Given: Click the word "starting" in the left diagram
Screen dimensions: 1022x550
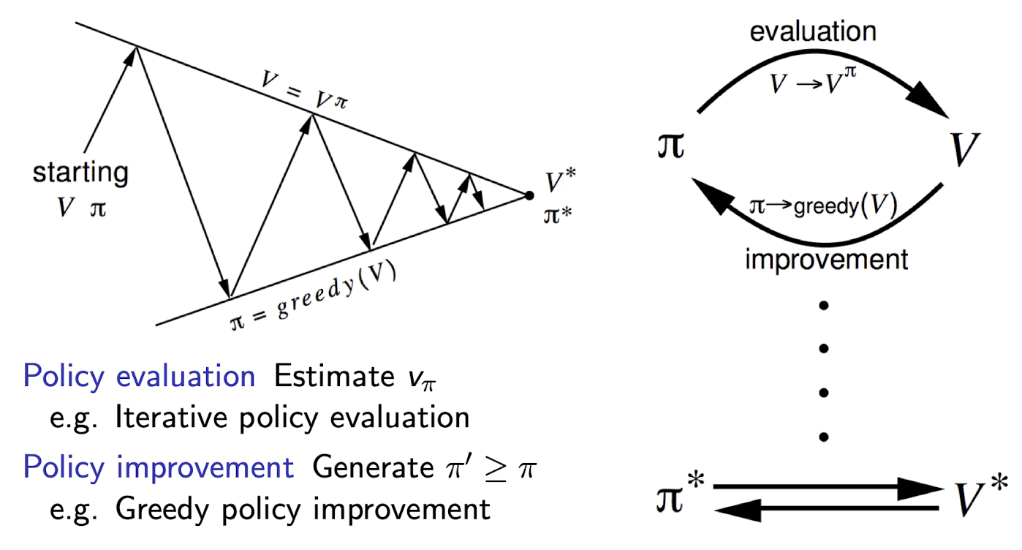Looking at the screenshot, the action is pos(80,174).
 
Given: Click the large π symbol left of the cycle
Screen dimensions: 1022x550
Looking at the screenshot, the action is pos(670,146).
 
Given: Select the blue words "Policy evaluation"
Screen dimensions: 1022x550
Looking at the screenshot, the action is pos(139,377).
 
